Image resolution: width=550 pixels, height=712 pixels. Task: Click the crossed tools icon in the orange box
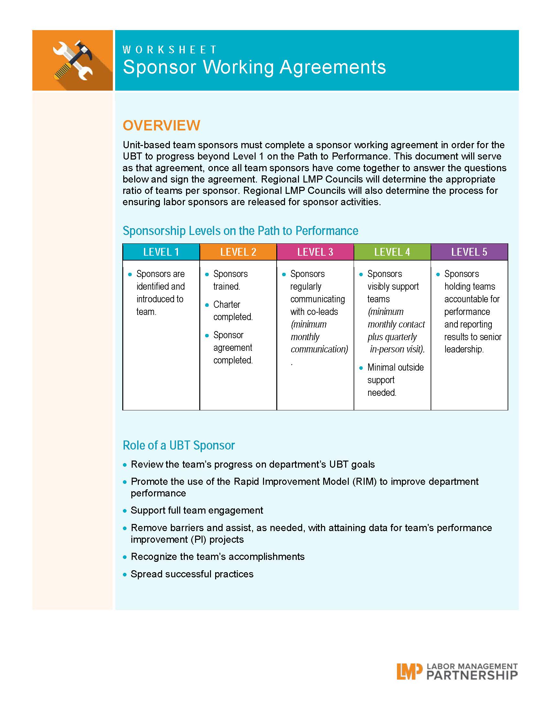click(73, 60)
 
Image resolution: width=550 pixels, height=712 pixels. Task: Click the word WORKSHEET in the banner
click(170, 50)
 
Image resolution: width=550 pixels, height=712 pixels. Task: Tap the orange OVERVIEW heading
click(161, 126)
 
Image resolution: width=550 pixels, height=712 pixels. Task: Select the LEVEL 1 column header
click(161, 252)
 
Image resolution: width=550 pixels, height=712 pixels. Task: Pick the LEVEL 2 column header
click(238, 252)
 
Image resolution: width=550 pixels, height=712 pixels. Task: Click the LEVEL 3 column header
click(315, 252)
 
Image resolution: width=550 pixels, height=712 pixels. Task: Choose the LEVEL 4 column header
click(392, 252)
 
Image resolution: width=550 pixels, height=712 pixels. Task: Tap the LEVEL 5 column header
click(469, 252)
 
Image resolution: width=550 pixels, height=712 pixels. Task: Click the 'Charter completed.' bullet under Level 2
click(233, 311)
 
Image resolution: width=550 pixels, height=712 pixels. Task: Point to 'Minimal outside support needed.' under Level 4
click(395, 380)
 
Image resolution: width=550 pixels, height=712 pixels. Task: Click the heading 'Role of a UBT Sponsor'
click(179, 445)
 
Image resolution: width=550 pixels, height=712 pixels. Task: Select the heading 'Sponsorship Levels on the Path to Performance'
click(240, 231)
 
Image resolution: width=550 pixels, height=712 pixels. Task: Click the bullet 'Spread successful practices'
click(192, 574)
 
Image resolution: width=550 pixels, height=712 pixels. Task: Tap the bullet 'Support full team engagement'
click(197, 510)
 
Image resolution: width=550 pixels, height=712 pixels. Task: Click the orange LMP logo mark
click(407, 671)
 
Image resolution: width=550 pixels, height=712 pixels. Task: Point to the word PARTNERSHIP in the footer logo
click(472, 675)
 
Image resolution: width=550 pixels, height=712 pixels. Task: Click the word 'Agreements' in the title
click(333, 67)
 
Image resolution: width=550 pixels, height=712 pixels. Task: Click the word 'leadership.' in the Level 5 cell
click(464, 349)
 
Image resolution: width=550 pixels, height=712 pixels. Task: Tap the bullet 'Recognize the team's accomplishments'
click(217, 557)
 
